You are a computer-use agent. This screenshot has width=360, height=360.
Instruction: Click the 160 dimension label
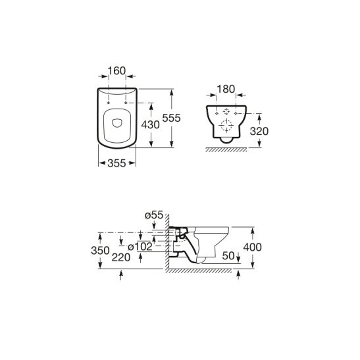[x=116, y=71]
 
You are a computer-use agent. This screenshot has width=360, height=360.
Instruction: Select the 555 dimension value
[x=171, y=118]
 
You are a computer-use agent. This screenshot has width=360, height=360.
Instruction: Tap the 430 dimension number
[x=150, y=125]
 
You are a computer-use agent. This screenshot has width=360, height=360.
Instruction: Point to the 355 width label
[x=116, y=163]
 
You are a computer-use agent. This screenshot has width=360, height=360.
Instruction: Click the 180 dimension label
[x=226, y=90]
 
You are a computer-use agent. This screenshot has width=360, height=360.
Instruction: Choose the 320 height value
[x=259, y=132]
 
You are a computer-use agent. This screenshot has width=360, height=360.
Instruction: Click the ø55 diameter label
[x=154, y=215]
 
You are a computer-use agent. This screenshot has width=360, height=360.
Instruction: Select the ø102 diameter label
[x=140, y=247]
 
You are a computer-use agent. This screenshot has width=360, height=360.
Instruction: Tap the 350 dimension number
[x=100, y=251]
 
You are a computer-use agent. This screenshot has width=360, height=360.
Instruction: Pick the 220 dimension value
[x=121, y=257]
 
